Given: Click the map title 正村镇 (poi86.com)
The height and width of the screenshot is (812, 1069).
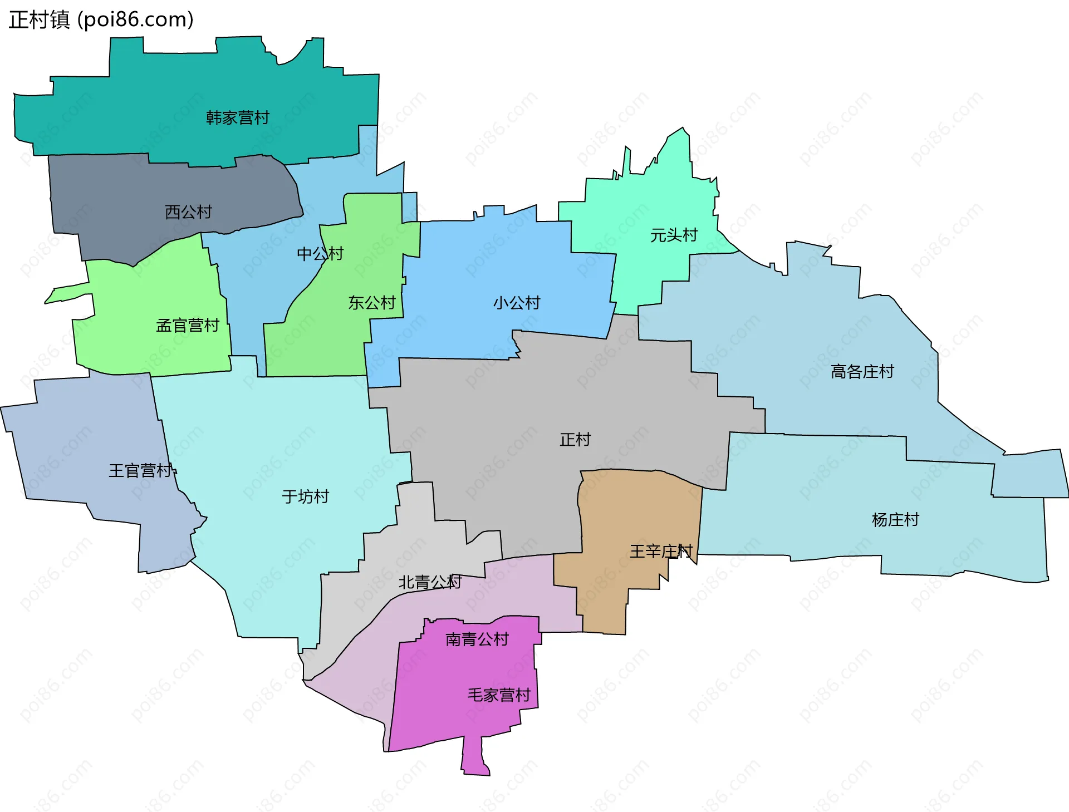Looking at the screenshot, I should (101, 19).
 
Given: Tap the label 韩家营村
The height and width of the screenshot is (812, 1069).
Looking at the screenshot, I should (238, 118).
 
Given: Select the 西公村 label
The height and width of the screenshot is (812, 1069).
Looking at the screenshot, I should (189, 212).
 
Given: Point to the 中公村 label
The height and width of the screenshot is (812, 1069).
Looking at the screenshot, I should (320, 254).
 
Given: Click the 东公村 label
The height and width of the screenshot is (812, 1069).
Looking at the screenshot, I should (372, 303).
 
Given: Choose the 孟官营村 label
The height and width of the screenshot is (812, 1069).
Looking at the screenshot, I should (188, 326).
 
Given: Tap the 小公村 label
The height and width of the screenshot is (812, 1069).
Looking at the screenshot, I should (517, 303).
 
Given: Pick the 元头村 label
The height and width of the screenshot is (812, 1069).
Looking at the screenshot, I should (674, 235).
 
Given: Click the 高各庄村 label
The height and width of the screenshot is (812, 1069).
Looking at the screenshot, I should (862, 372).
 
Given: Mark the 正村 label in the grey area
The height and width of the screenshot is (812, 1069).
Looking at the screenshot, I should (575, 440).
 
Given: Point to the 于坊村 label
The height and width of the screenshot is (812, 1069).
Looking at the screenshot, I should (306, 496).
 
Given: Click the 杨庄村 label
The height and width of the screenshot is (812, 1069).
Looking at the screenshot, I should (895, 520).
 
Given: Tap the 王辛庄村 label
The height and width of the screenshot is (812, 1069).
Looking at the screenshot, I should (661, 552).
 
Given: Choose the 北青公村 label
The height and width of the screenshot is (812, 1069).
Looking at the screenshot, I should (430, 582).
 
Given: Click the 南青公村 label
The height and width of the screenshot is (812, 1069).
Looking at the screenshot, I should (477, 639).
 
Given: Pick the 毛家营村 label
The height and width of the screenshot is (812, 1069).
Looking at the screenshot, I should (499, 695).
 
